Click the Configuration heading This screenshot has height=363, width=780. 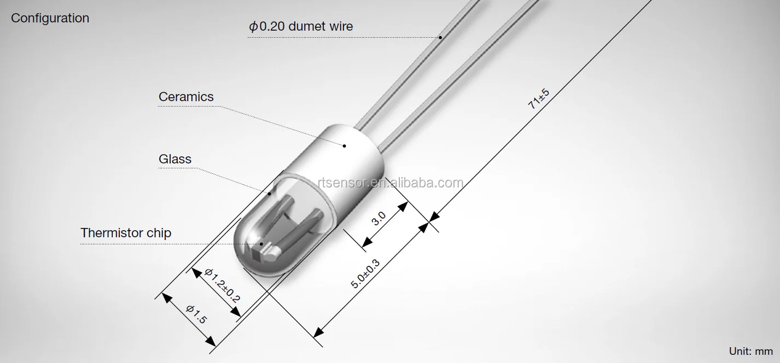click(50, 18)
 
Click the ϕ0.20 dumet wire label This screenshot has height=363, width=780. click(301, 26)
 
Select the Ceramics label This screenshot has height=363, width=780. click(186, 97)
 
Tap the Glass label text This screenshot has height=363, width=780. click(175, 159)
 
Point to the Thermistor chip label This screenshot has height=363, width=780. click(126, 233)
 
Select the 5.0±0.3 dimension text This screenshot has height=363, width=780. click(365, 273)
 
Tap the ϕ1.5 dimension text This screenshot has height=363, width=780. click(196, 315)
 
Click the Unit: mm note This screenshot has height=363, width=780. click(750, 351)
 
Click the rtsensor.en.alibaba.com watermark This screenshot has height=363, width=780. click(390, 183)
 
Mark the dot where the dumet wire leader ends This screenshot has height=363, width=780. click(440, 38)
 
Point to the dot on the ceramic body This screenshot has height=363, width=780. click(345, 145)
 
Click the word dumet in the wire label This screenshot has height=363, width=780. click(309, 26)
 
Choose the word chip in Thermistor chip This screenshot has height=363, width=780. click(159, 233)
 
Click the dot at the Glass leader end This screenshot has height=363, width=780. click(270, 192)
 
